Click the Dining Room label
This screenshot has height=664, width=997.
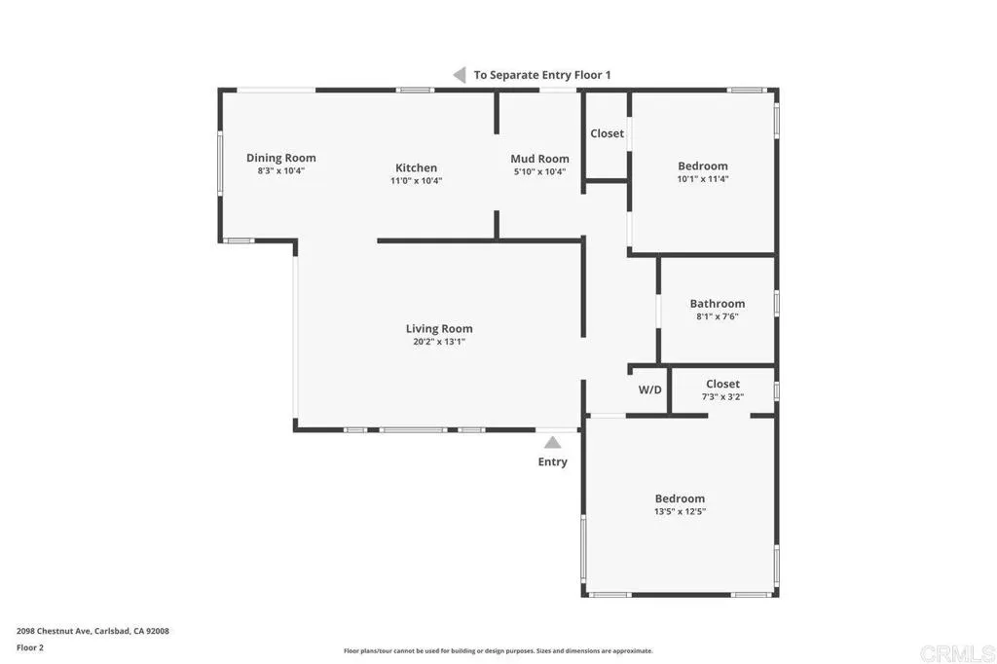coord(280,158)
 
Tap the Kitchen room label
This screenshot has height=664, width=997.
coord(416,167)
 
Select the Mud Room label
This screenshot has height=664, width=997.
coord(539,159)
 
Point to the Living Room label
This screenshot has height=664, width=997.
coord(439,328)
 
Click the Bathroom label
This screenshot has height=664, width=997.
coord(717,303)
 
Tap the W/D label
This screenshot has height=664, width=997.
coord(649,389)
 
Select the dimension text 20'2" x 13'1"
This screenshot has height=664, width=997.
coord(439,342)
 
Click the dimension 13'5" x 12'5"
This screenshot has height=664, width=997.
coord(680,511)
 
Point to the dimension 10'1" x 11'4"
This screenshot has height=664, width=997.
coord(702,179)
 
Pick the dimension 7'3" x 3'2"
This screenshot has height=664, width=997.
coord(722,396)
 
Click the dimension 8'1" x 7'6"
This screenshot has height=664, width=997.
coord(717,316)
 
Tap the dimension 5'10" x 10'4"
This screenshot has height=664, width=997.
coord(539,171)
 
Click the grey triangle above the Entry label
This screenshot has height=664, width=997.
coord(552,442)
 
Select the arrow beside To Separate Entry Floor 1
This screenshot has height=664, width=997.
coord(458,74)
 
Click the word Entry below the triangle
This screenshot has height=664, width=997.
coord(552,461)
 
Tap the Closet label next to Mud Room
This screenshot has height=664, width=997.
coord(607,133)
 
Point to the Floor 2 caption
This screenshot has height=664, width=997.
coord(30,647)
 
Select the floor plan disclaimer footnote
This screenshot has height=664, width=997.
coord(498,651)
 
